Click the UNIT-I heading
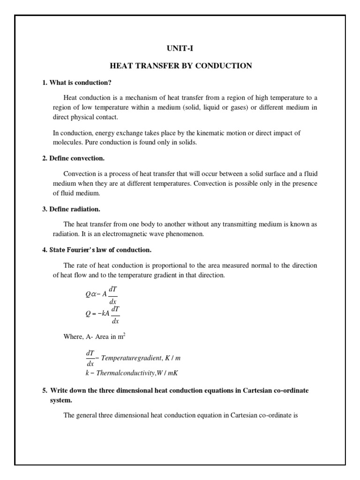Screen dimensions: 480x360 coord(180,48)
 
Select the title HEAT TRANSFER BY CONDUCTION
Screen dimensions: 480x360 coord(180,66)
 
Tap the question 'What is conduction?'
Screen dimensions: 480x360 coord(80,82)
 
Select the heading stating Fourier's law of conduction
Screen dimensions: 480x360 coord(100,249)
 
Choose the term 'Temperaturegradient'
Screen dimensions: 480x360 coord(127,358)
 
